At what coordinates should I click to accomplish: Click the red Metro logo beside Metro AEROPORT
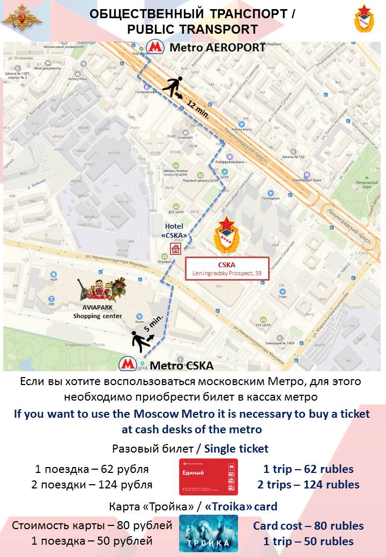coord(155,47)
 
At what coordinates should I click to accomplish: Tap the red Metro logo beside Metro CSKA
coord(128,365)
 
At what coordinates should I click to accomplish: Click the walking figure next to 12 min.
coord(173,87)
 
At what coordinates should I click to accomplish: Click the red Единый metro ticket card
coord(208,477)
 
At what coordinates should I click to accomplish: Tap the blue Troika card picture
coord(208,533)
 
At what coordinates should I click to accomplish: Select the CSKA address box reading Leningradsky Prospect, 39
coord(227,269)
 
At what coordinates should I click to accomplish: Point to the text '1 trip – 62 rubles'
coord(308,469)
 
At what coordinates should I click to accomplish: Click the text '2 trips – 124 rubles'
coord(308,485)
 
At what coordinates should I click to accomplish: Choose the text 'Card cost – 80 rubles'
coord(308,525)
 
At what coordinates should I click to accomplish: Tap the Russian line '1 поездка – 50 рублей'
coord(92,541)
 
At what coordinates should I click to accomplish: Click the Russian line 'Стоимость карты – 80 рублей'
coord(92,525)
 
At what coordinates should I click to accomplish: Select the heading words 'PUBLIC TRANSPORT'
coord(192,29)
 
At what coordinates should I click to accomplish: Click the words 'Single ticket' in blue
coord(236,449)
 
